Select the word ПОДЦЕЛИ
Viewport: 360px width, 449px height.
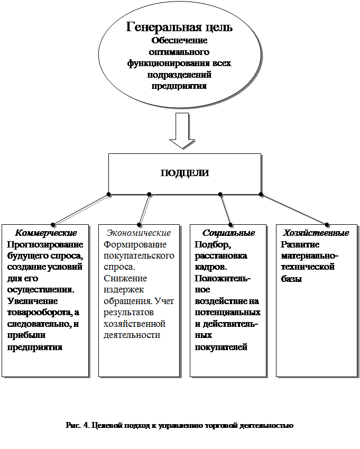[x=184, y=173]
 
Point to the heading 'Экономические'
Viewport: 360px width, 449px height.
[x=139, y=233]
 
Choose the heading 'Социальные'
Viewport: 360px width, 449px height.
[x=228, y=233]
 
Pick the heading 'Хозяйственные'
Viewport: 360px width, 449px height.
[x=316, y=233]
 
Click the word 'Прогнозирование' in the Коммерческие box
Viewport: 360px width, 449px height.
[x=44, y=245]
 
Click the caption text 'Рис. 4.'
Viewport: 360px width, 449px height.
[x=77, y=425]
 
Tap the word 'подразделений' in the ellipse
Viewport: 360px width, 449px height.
[x=179, y=75]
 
